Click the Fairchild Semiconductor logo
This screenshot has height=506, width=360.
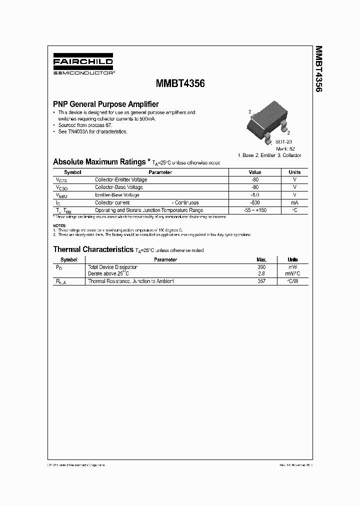point(83,65)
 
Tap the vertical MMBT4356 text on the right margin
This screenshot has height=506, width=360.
point(318,69)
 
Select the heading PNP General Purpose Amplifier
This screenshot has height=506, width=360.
point(106,104)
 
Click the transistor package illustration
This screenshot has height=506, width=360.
point(269,122)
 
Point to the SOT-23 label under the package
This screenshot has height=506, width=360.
point(284,142)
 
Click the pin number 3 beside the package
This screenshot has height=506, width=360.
point(249,112)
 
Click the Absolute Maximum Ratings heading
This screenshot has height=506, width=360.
point(100,162)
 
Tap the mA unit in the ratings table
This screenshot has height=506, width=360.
point(294,202)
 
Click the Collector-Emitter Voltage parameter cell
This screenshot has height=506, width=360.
point(121,179)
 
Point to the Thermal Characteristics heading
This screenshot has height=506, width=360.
point(93,249)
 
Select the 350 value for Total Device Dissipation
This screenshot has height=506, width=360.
point(261,267)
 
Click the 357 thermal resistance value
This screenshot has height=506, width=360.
point(261,281)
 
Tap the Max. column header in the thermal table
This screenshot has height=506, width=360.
point(261,259)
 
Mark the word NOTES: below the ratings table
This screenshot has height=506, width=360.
point(59,226)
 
